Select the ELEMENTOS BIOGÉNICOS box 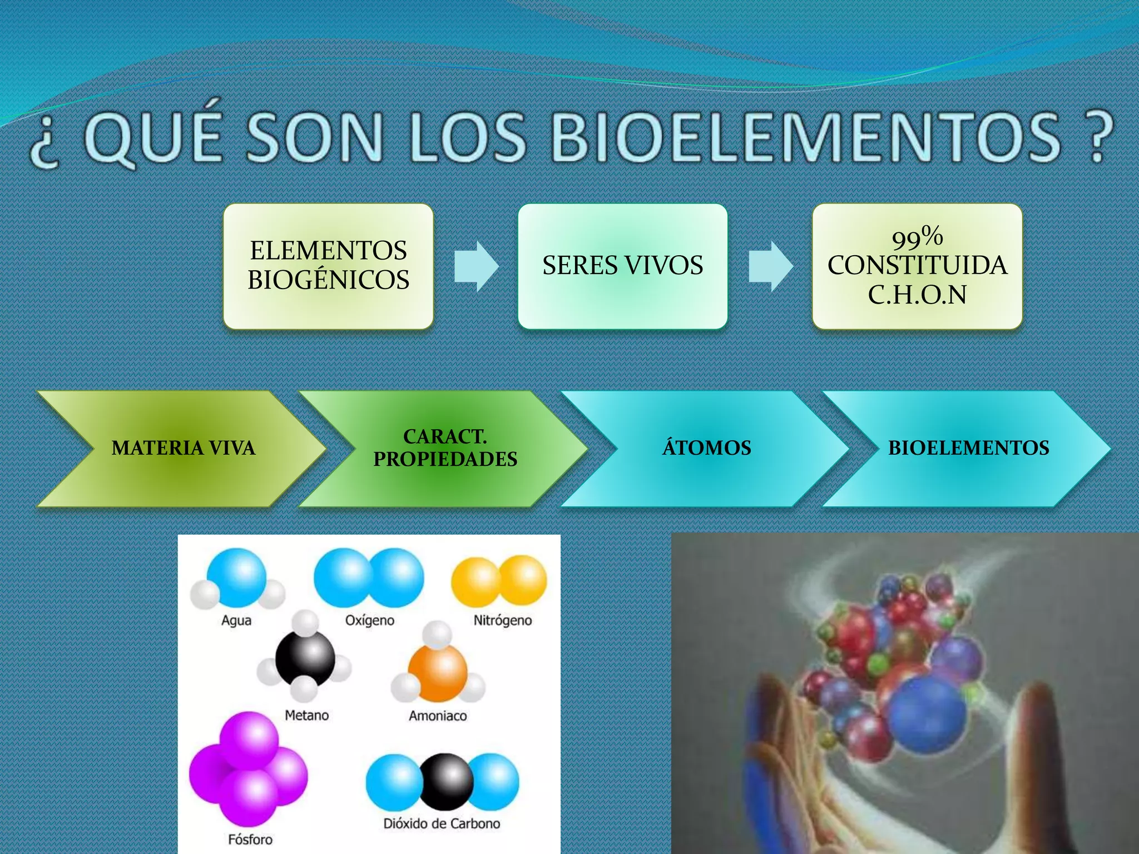(328, 265)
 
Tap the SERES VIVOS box (622, 265)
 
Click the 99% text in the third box (917, 237)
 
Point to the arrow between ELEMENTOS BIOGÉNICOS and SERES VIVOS (476, 266)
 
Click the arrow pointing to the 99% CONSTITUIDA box (770, 266)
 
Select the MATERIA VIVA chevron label (183, 448)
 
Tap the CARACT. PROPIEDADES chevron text (445, 448)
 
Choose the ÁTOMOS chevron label (706, 448)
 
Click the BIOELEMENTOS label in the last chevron (968, 448)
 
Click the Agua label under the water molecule (236, 620)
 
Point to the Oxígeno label (370, 620)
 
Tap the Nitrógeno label (502, 620)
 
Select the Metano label (306, 715)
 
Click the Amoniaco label (438, 716)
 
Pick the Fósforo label (250, 839)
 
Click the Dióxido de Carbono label (442, 823)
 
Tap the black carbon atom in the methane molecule (305, 659)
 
